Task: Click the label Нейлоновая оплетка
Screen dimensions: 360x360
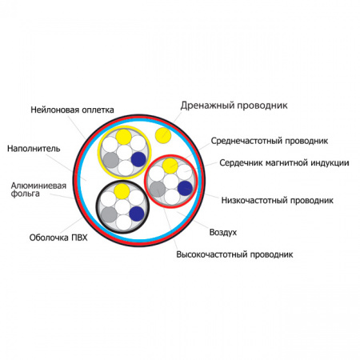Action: coord(72,110)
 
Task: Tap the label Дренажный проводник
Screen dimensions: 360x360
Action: coord(234,106)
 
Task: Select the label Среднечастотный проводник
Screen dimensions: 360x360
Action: coord(270,141)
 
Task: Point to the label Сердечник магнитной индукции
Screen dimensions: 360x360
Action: coord(284,162)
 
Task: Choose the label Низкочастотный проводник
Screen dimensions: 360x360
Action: coord(278,200)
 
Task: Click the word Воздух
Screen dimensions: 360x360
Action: coord(223,232)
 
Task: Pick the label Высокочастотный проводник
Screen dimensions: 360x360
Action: coord(234,254)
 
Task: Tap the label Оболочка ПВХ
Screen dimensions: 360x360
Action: coord(58,238)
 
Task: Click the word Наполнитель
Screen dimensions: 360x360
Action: coord(34,149)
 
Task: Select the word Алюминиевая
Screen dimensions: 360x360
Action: coord(38,186)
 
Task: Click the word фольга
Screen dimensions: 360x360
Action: coord(26,194)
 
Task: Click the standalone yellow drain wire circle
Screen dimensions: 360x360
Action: coord(163,135)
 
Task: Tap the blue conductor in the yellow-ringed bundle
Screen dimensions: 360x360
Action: coord(138,159)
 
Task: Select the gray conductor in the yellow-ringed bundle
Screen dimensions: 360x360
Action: coord(111,160)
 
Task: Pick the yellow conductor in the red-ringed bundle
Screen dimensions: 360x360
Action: coord(170,166)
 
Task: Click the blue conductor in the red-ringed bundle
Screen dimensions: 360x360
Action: coord(185,188)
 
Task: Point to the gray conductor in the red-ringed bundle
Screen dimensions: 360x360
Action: coord(158,189)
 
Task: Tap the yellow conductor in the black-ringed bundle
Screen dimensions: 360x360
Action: coord(122,191)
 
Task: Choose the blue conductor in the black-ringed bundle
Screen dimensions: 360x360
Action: coord(137,214)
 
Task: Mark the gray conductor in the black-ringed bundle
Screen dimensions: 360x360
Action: coord(109,214)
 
